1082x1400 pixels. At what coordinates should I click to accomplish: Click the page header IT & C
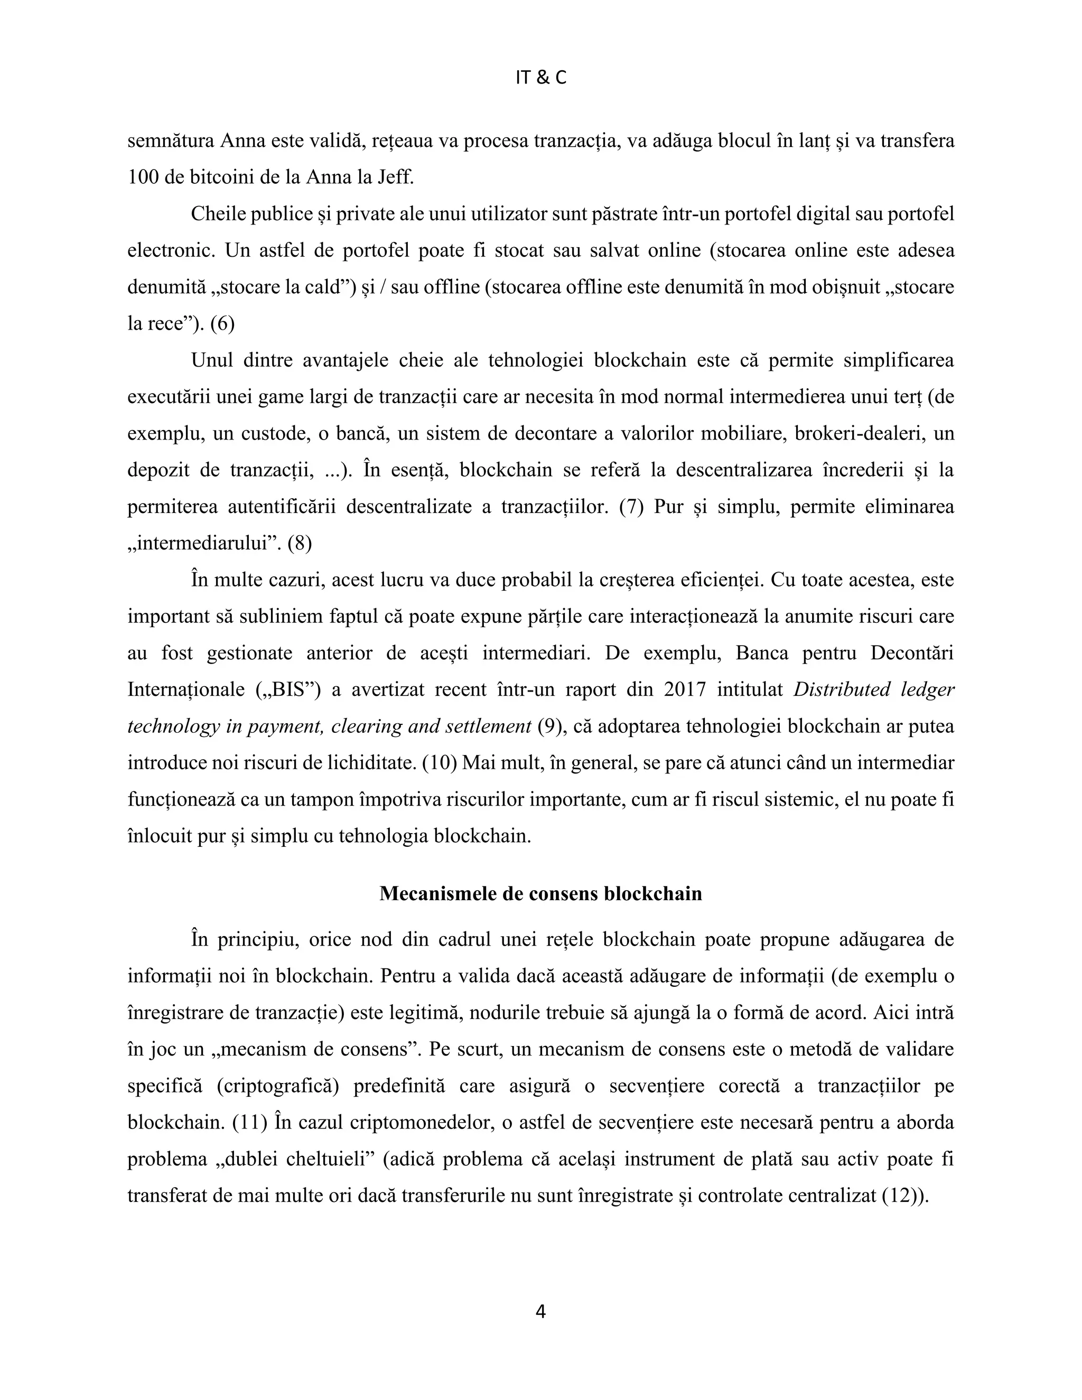point(540,78)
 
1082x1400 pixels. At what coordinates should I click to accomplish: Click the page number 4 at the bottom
point(540,1312)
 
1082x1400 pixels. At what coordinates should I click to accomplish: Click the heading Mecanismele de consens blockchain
point(540,893)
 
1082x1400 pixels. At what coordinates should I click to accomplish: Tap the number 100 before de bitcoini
point(143,177)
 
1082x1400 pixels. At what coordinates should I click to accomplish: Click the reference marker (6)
point(222,324)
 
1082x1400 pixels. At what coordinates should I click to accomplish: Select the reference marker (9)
point(549,726)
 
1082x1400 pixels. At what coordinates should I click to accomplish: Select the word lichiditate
point(370,763)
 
